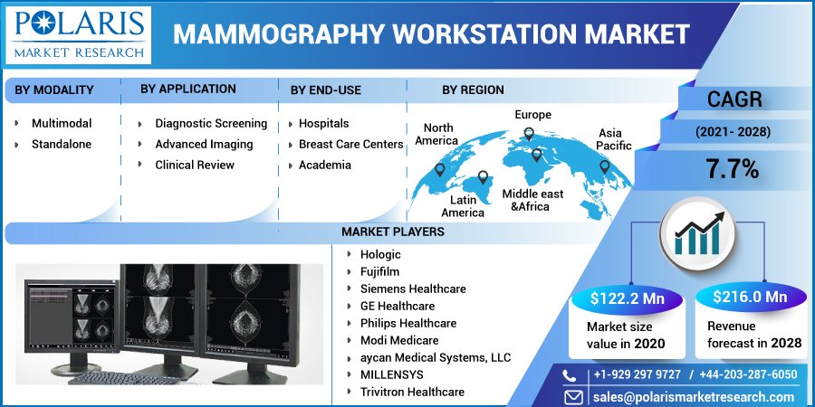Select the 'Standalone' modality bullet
point(61,144)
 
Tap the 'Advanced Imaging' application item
point(204,144)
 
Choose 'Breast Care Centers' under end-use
point(350,144)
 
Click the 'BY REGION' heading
point(473,90)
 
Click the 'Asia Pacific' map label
point(615,139)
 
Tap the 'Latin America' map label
point(463,206)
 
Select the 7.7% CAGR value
point(733,168)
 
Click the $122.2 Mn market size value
point(626,298)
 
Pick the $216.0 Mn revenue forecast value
point(749,298)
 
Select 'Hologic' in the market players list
point(380,254)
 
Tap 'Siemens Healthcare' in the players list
point(413,289)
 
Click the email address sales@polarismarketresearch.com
point(693,397)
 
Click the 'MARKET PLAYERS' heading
point(392,232)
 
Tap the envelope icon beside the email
point(573,397)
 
